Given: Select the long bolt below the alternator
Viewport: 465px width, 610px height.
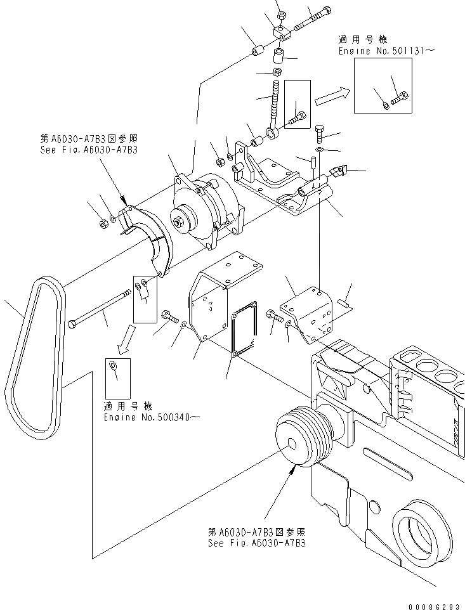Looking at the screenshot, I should tap(102, 308).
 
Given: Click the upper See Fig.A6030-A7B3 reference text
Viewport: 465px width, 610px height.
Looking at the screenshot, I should tap(89, 150).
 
